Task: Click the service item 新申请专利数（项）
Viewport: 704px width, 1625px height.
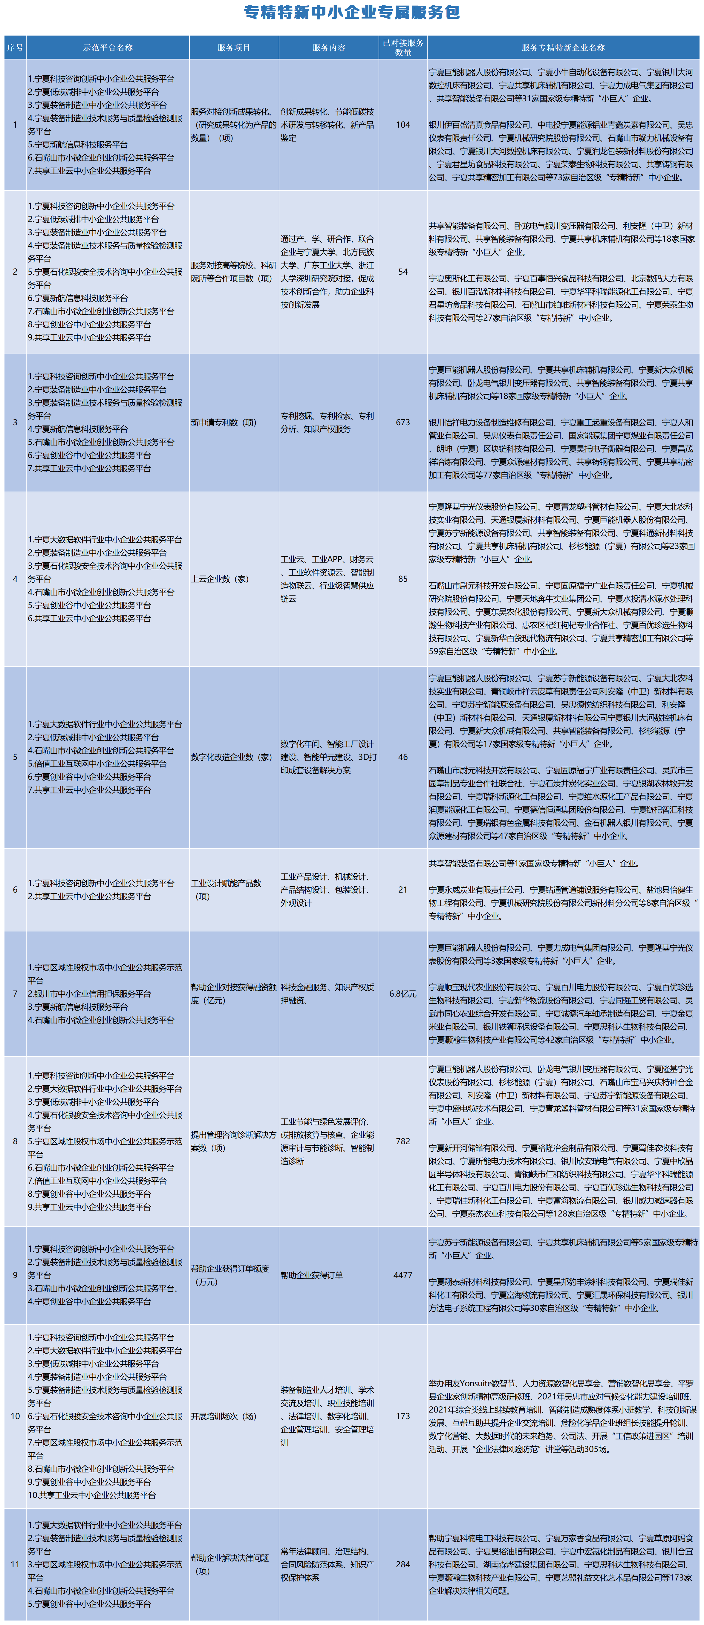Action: pyautogui.click(x=223, y=422)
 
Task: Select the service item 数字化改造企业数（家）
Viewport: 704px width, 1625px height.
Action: pyautogui.click(x=232, y=757)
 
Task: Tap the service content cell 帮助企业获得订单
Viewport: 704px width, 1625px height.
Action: pyautogui.click(x=312, y=1275)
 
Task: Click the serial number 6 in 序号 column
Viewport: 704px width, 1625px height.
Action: pyautogui.click(x=15, y=890)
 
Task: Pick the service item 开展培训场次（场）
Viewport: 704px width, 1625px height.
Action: pyautogui.click(x=223, y=1416)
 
